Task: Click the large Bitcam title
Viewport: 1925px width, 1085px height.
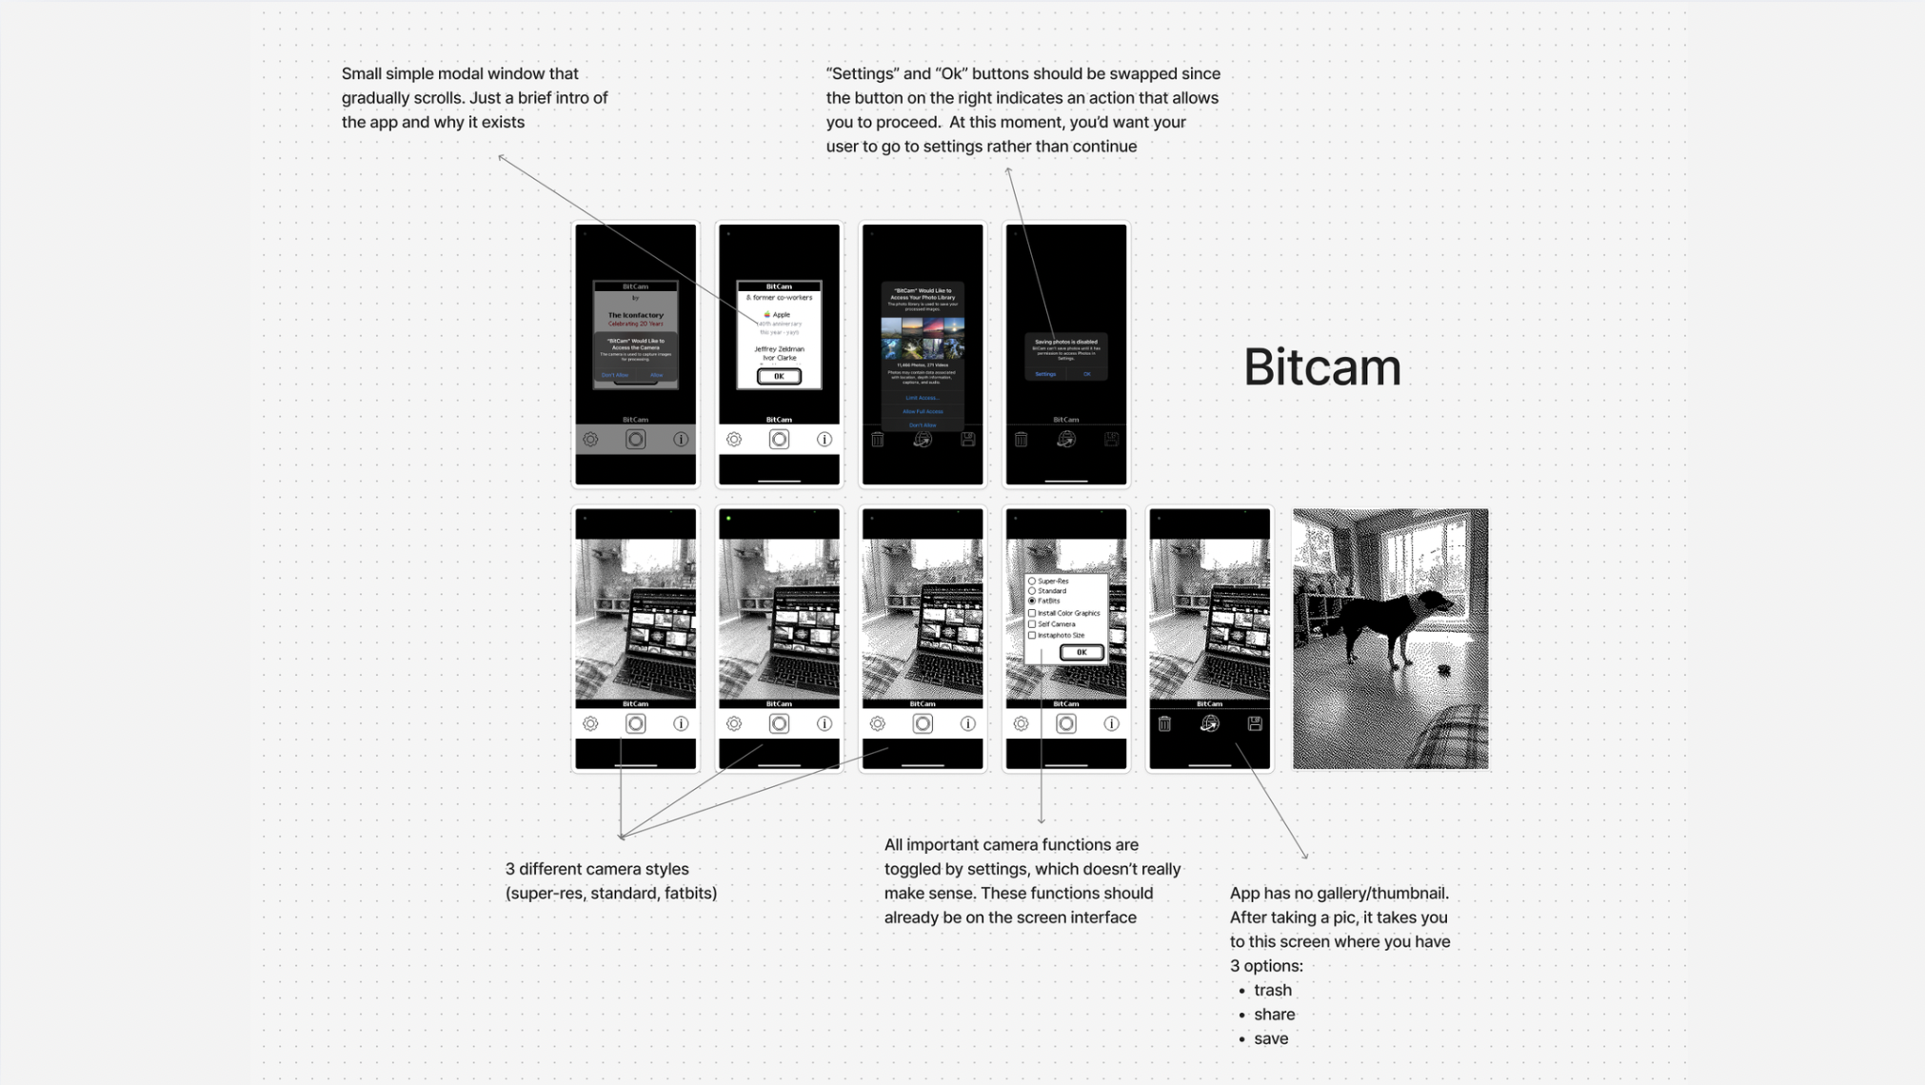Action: pyautogui.click(x=1321, y=367)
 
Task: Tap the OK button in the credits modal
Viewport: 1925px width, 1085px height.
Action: pyautogui.click(x=779, y=377)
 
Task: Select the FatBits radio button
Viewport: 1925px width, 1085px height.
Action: pyautogui.click(x=1032, y=602)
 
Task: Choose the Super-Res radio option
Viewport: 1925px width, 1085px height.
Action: pyautogui.click(x=1032, y=581)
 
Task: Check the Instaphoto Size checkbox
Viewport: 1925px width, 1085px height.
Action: pyautogui.click(x=1032, y=635)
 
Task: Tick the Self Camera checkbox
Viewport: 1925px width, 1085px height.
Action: pyautogui.click(x=1032, y=624)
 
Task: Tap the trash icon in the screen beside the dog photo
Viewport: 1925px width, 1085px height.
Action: pyautogui.click(x=1164, y=724)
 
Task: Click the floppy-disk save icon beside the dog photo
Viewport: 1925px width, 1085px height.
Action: pyautogui.click(x=1255, y=724)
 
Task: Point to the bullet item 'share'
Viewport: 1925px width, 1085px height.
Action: pyautogui.click(x=1274, y=1015)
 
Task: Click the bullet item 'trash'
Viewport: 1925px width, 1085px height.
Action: pyautogui.click(x=1272, y=990)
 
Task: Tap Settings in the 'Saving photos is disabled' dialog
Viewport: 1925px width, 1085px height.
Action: pyautogui.click(x=1045, y=374)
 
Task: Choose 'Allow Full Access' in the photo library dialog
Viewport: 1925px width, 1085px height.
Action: pyautogui.click(x=923, y=411)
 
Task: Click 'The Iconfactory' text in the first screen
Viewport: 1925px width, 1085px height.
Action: pyautogui.click(x=636, y=315)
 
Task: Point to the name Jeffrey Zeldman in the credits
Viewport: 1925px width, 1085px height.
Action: pyautogui.click(x=779, y=349)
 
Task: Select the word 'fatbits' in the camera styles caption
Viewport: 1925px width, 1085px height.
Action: pyautogui.click(x=687, y=894)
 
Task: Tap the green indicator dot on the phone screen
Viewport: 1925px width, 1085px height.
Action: pyautogui.click(x=728, y=519)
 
